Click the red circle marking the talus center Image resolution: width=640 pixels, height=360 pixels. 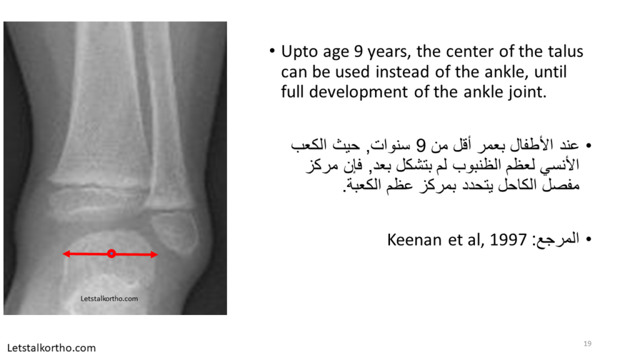(111, 254)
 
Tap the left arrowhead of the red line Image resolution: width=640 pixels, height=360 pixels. (66, 254)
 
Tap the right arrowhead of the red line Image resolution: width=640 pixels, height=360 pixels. (154, 255)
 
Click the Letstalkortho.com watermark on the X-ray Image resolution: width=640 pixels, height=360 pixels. (109, 298)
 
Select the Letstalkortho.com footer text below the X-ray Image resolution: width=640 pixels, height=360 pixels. (51, 347)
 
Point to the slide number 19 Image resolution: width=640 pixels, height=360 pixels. (587, 344)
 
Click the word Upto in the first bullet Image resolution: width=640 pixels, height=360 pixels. (299, 52)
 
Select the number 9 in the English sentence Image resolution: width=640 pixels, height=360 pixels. (358, 51)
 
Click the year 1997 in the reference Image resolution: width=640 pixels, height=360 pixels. (508, 239)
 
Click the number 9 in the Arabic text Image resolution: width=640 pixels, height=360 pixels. (421, 145)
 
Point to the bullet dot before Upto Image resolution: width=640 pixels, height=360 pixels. (272, 51)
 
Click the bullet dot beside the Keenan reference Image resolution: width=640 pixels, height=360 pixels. (588, 239)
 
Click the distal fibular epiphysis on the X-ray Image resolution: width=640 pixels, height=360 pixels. (175, 232)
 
